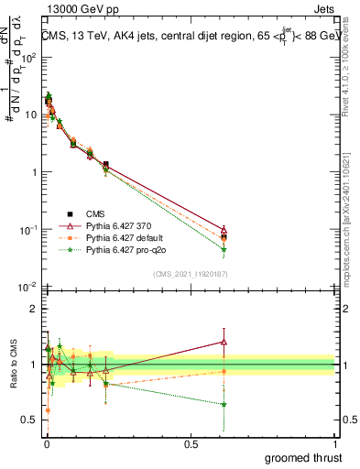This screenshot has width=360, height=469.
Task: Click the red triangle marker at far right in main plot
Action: pyautogui.click(x=224, y=230)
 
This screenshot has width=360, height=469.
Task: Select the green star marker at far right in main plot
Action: pyautogui.click(x=224, y=249)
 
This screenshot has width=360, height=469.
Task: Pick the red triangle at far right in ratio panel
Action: pyautogui.click(x=224, y=342)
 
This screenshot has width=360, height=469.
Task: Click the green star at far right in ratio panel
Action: pyautogui.click(x=224, y=404)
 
